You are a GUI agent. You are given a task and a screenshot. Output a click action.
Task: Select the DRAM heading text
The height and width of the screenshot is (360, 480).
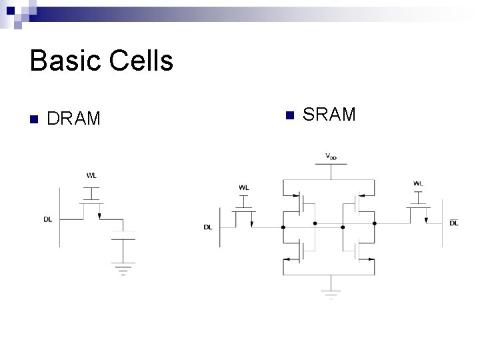[74, 119]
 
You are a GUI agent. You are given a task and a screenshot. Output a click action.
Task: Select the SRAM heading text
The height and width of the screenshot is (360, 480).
[329, 115]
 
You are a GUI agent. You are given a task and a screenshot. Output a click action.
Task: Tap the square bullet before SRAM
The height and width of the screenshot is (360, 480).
[289, 115]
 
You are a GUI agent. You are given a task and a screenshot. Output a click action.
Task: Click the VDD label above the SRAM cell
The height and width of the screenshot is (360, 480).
[331, 156]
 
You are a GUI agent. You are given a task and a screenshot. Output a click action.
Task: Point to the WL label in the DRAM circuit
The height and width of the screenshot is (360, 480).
[92, 176]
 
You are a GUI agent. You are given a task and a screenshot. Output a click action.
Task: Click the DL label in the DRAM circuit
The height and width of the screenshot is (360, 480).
[48, 219]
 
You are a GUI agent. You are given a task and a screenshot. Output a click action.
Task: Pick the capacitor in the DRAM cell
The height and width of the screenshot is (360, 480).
[123, 235]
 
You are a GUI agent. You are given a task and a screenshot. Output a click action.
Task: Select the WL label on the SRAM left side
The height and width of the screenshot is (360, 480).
[244, 188]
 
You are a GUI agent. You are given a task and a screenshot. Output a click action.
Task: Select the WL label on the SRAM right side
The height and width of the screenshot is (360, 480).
[418, 183]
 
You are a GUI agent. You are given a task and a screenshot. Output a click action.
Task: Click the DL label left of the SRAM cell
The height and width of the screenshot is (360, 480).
[208, 227]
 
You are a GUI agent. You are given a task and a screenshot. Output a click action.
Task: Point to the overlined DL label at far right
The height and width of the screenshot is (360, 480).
[454, 223]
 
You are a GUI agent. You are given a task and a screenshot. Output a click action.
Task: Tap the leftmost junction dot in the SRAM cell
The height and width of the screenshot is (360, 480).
[283, 227]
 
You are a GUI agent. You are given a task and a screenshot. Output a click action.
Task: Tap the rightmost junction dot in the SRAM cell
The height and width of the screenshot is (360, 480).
[375, 223]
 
